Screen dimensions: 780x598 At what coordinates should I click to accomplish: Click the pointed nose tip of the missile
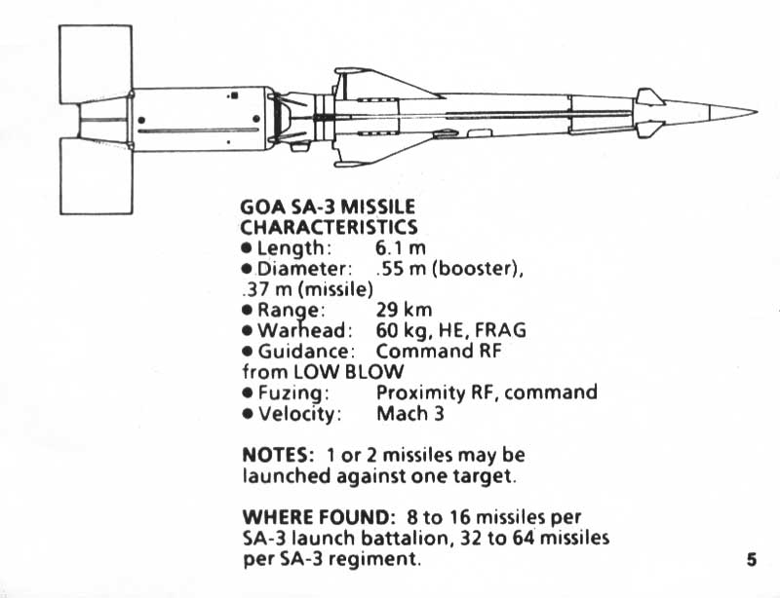[x=757, y=112]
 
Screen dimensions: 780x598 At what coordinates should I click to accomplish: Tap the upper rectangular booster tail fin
[x=96, y=64]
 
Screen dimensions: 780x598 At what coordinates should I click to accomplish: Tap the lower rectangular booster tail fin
[x=97, y=176]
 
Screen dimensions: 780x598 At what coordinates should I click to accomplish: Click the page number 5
[x=751, y=560]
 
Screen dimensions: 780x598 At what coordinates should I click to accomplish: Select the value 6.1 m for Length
[x=401, y=247]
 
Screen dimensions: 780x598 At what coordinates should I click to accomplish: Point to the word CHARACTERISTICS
[x=329, y=227]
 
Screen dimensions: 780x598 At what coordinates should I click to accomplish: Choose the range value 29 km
[x=404, y=310]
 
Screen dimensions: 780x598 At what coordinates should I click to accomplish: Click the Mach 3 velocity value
[x=409, y=414]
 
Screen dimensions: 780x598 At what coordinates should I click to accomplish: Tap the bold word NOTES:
[x=278, y=456]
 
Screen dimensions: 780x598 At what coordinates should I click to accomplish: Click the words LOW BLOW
[x=349, y=372]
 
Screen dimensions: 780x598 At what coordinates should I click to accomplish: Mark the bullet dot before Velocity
[x=248, y=414]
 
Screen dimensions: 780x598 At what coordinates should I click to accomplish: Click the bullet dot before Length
[x=247, y=247]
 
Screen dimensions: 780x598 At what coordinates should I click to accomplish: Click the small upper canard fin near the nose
[x=649, y=96]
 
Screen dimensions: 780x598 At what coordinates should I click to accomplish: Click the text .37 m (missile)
[x=307, y=289]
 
